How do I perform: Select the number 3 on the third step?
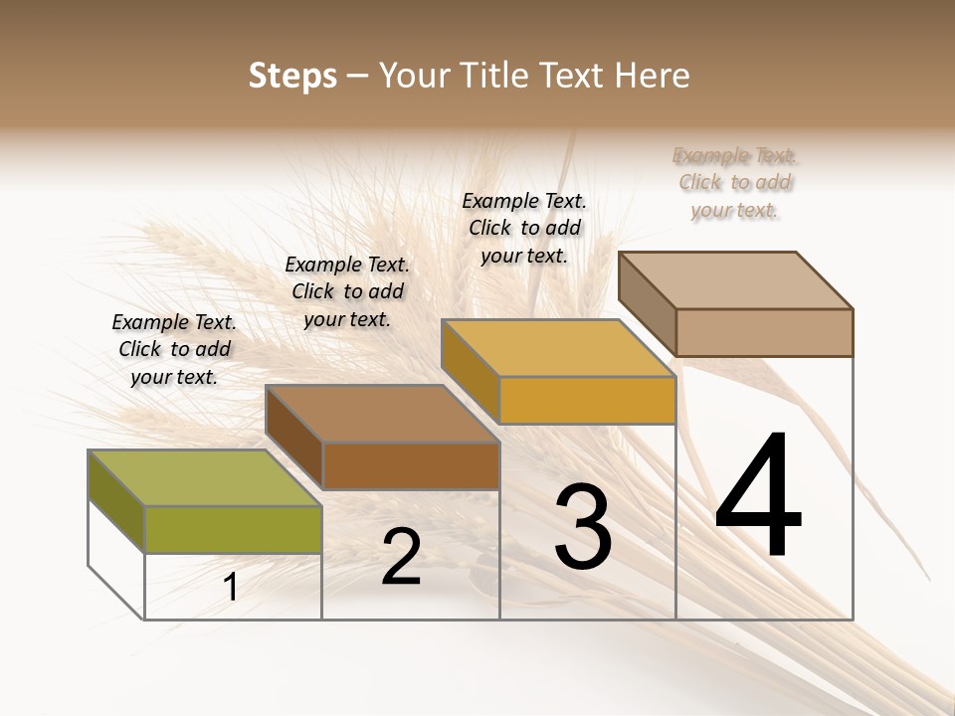(x=583, y=528)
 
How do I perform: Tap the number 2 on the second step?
(x=401, y=557)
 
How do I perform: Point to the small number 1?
(x=230, y=587)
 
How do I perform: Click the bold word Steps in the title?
(x=292, y=76)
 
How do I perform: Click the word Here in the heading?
(x=653, y=76)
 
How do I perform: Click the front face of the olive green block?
(x=233, y=529)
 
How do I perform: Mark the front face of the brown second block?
(x=411, y=465)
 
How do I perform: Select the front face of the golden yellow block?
(x=587, y=401)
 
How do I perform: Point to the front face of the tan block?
(x=764, y=332)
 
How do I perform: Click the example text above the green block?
(x=174, y=349)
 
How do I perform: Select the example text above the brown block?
(x=347, y=291)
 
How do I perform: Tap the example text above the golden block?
(x=524, y=228)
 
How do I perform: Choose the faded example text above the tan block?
(x=735, y=182)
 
